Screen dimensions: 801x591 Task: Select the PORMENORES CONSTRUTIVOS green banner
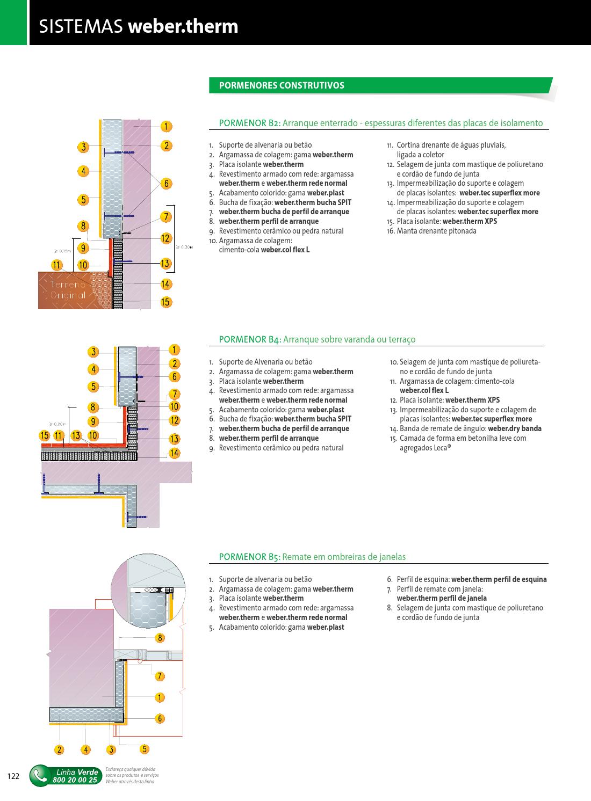[282, 85]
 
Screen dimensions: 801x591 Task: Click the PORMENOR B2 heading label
[250, 123]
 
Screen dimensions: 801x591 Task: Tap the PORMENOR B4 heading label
[250, 339]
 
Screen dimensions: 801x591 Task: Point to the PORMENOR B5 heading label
[250, 557]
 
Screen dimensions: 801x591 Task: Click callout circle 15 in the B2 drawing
[165, 302]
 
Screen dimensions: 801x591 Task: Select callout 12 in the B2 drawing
[165, 238]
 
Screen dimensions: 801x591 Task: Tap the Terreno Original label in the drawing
[68, 289]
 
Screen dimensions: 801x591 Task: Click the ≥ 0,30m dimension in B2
[184, 247]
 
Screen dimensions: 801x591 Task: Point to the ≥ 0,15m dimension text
[62, 251]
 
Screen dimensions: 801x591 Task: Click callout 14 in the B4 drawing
[174, 453]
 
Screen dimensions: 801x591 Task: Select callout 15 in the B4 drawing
[45, 435]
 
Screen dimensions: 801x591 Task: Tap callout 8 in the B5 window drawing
[160, 638]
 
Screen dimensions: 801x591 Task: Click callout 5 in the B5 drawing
[144, 749]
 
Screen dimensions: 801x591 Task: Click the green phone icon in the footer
[39, 776]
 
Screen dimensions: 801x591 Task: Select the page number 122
[13, 776]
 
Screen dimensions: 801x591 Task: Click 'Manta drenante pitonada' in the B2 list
[436, 231]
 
